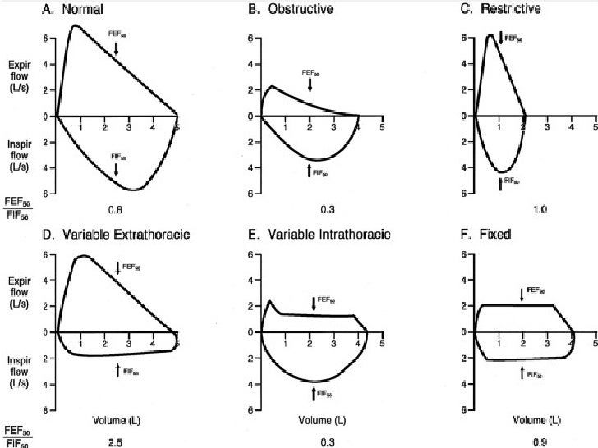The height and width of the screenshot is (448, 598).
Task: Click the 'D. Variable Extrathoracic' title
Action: click(x=122, y=235)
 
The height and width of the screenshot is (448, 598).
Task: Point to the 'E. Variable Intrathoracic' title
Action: click(x=330, y=235)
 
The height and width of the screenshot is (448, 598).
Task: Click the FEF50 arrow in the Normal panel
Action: click(x=117, y=49)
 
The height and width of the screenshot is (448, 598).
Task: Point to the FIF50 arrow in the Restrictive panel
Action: click(x=500, y=184)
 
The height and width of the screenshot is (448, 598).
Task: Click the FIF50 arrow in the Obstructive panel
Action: click(x=310, y=171)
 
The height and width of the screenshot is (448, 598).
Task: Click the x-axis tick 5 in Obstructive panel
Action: click(x=382, y=127)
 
